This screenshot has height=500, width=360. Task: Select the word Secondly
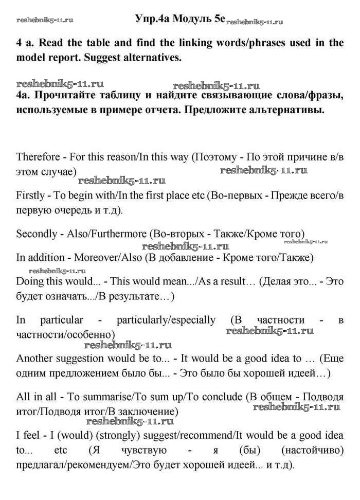(37, 234)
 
